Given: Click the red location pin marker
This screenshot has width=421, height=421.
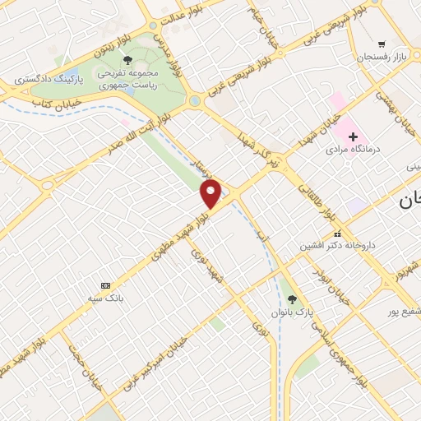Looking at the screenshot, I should tap(211, 194).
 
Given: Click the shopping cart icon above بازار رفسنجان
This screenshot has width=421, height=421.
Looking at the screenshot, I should tap(381, 43).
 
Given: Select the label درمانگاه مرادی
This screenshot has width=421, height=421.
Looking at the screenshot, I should tap(349, 150).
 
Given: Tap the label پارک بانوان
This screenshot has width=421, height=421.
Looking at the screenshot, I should tap(294, 313).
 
